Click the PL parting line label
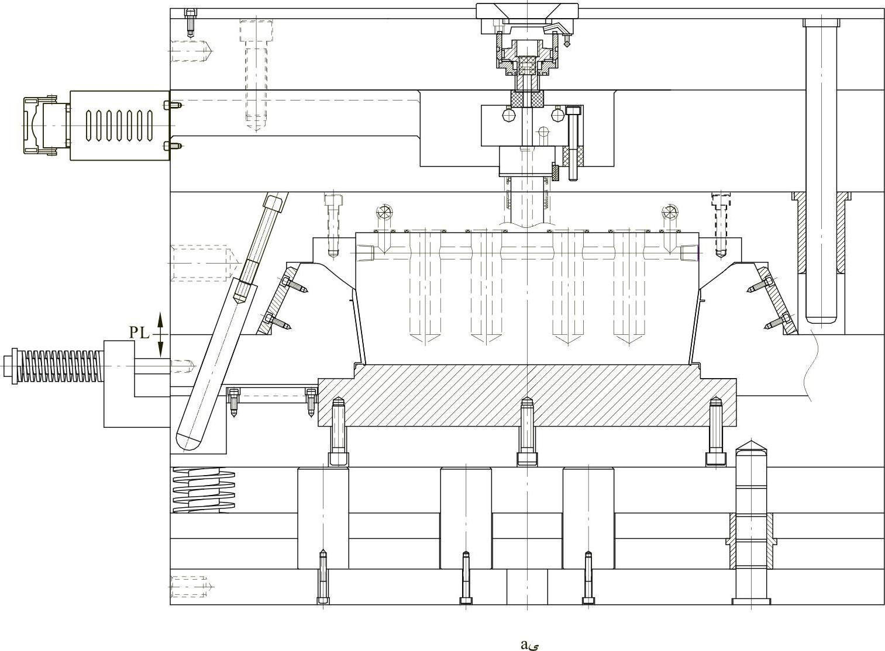click(x=139, y=333)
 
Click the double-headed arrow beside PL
click(x=160, y=334)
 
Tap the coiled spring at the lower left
click(x=204, y=490)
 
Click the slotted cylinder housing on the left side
click(x=120, y=126)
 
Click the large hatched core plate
click(x=527, y=396)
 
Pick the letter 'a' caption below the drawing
click(x=524, y=645)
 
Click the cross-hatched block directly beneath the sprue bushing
click(x=527, y=98)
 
